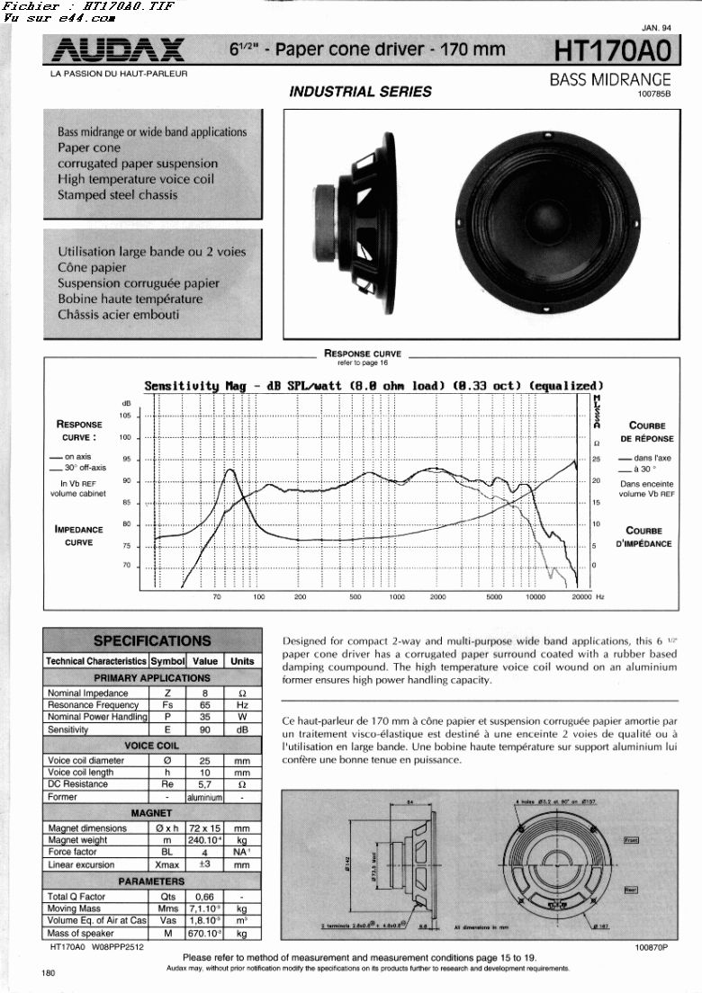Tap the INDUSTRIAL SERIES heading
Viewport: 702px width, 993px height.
click(360, 91)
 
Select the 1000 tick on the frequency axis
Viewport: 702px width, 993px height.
click(397, 596)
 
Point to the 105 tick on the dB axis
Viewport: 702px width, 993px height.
click(124, 416)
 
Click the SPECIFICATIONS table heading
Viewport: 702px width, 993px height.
click(152, 641)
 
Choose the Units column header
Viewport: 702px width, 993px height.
click(242, 660)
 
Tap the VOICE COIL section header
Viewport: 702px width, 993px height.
click(152, 746)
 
